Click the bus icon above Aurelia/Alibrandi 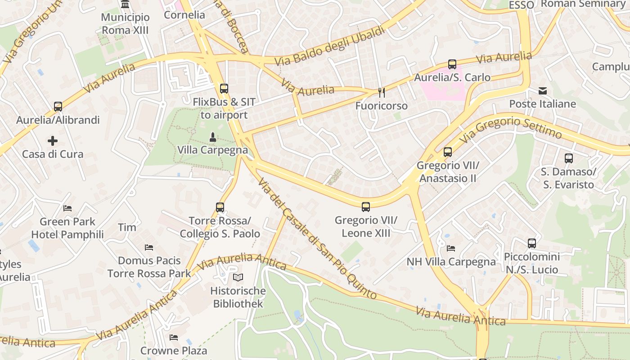[58, 107]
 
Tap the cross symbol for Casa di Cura [53, 141]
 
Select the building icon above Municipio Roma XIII [125, 4]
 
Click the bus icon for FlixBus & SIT [224, 89]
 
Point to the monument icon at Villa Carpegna [213, 136]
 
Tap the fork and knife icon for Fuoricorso [382, 93]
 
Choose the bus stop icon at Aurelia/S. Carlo [452, 64]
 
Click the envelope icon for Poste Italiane [543, 91]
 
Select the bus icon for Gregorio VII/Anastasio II [448, 152]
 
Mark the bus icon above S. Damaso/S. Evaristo [569, 158]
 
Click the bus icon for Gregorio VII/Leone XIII [366, 207]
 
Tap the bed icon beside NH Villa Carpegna [451, 248]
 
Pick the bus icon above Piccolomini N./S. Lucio [532, 243]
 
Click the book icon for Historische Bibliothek [238, 278]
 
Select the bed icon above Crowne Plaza [174, 337]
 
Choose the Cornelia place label [184, 15]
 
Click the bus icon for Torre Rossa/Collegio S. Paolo [220, 207]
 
